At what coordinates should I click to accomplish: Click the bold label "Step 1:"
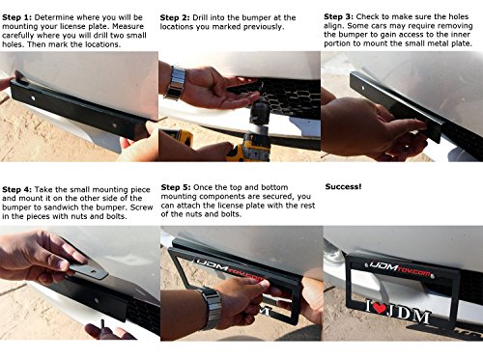pos(17,17)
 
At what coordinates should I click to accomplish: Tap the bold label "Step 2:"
pos(175,17)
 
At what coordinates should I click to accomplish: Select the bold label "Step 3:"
pos(338,16)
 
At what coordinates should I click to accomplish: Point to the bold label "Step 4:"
pos(17,189)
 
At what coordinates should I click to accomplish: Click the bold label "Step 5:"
pos(176,187)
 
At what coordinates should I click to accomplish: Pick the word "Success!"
pos(343,186)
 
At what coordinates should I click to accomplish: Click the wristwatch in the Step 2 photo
pos(175,83)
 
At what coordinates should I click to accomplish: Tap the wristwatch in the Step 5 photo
pos(212,308)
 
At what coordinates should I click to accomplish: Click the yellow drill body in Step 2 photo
pos(247,149)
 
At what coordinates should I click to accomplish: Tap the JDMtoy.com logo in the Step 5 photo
pos(230,269)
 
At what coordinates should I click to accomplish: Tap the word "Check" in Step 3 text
pos(367,16)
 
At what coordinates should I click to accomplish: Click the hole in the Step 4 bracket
pos(97,301)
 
